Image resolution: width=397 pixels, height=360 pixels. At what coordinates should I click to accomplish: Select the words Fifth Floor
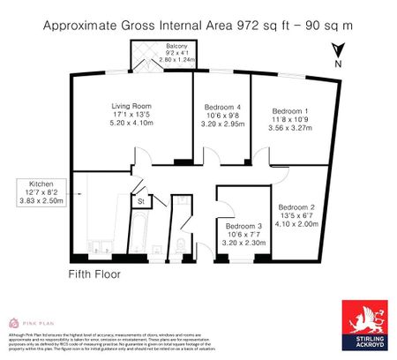(x=94, y=274)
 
